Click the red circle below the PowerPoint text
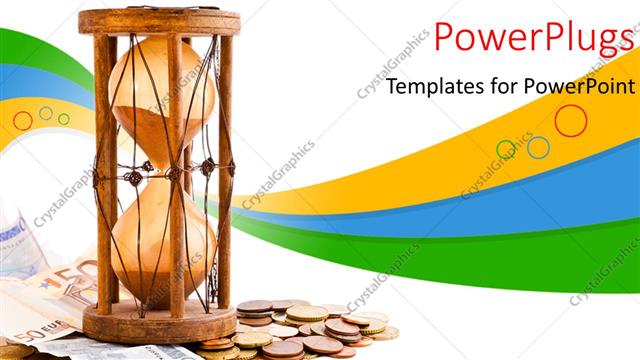click(x=570, y=120)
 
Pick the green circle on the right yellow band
click(x=507, y=150)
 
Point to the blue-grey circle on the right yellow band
click(x=538, y=148)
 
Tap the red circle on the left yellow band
click(x=22, y=120)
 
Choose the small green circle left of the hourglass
click(x=64, y=119)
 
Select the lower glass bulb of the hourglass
click(x=161, y=240)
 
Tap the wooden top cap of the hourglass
click(x=159, y=21)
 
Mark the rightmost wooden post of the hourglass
click(x=224, y=170)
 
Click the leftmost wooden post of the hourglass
click(x=104, y=170)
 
